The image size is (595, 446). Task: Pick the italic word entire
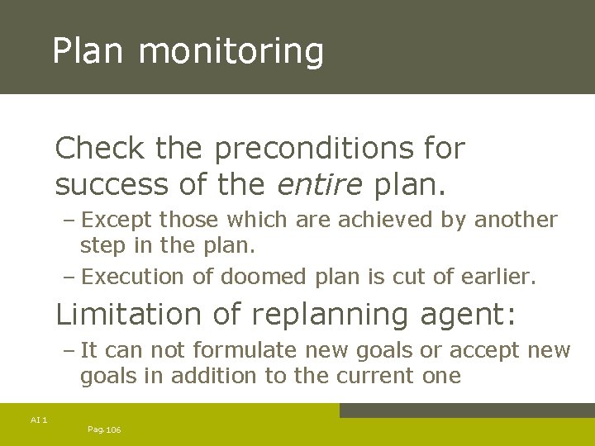(319, 184)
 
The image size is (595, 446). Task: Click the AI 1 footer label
(39, 420)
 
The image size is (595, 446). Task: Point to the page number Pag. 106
(104, 429)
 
